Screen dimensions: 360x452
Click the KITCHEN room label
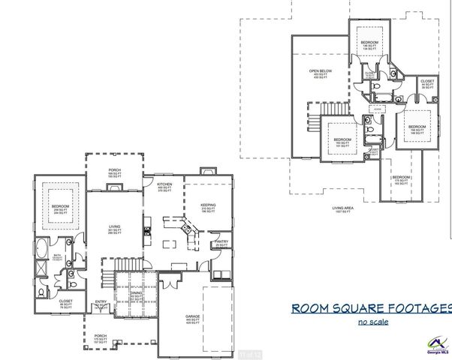(164, 184)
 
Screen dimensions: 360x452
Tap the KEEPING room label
(208, 205)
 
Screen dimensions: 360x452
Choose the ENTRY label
(101, 303)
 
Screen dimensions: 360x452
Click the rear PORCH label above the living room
(115, 170)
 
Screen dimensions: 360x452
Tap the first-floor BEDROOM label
(60, 205)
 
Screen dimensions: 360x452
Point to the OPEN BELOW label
(321, 73)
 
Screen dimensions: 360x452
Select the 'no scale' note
(375, 322)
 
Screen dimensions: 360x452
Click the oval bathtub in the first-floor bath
(41, 248)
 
